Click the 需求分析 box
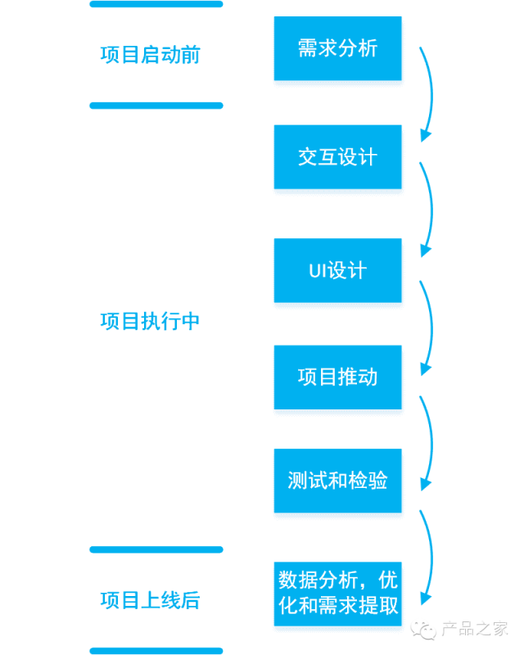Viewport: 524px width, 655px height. pos(337,48)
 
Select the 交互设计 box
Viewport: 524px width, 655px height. pos(337,157)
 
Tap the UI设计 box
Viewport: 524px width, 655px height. pos(337,270)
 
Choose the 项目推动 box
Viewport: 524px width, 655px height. pos(337,377)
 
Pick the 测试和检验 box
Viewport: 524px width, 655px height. pos(337,481)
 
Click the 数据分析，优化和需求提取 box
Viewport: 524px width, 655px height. pos(337,594)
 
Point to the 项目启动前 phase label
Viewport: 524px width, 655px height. pos(151,55)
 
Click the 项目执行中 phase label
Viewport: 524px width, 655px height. pos(151,321)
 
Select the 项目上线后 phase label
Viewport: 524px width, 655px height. pos(151,600)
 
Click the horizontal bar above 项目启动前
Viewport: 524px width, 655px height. pos(156,4)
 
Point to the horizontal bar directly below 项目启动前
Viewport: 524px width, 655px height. pos(156,106)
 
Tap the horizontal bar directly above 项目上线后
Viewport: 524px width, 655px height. pos(156,549)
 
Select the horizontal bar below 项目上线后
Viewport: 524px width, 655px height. pos(156,651)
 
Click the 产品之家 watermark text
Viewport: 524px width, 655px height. pos(475,629)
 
